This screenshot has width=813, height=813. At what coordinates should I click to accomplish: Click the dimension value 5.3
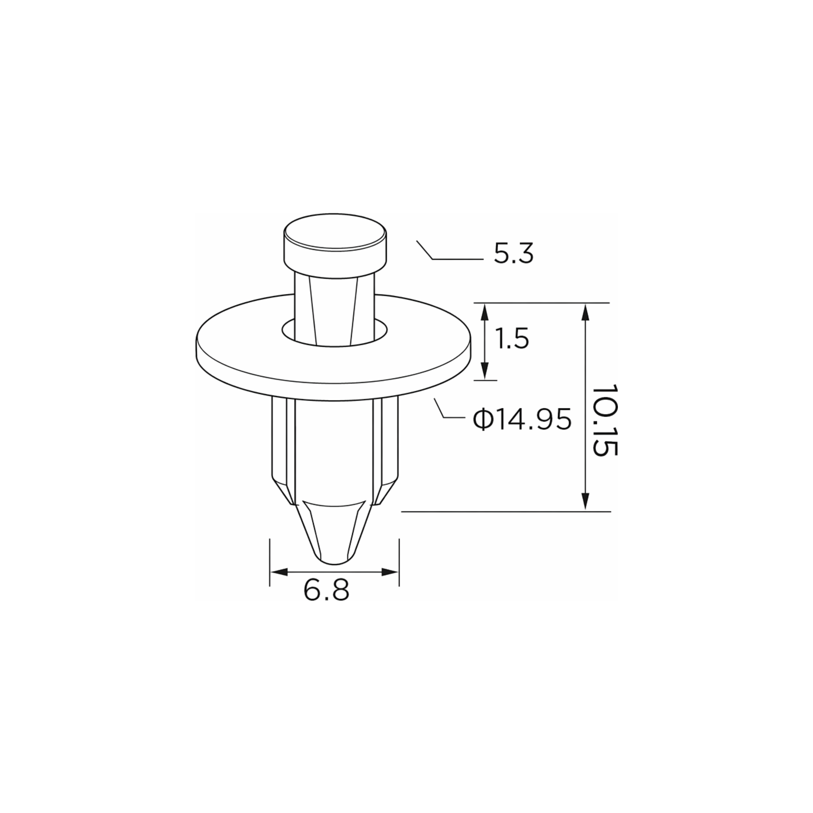(x=513, y=254)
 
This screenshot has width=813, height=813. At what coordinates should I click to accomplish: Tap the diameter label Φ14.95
(x=522, y=419)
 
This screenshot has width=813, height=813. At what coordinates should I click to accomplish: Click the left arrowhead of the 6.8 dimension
(x=279, y=572)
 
